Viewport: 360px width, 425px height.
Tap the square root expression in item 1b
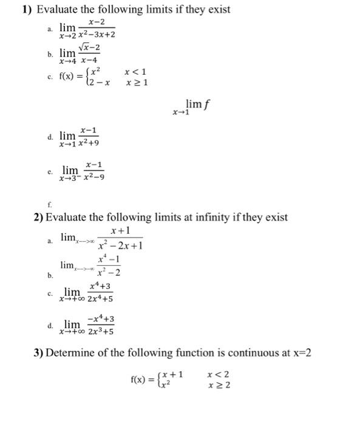point(89,48)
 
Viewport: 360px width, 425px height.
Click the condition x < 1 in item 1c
point(135,72)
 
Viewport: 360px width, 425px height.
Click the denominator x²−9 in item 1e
point(93,178)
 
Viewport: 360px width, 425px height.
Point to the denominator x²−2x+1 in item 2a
point(121,246)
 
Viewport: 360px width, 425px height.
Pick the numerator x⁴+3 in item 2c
point(99,286)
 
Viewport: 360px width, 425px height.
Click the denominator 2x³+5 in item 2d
point(101,331)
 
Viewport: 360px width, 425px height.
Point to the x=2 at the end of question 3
point(299,353)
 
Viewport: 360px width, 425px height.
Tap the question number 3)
point(39,353)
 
